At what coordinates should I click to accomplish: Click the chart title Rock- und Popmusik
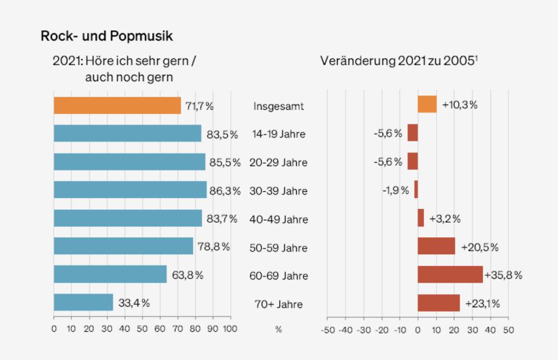pos(107,37)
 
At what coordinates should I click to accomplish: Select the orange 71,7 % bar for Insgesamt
pos(117,105)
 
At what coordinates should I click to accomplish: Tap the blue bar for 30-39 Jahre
pos(130,190)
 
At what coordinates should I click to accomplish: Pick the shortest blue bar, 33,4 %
pos(83,302)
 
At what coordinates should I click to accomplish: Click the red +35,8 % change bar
pos(450,274)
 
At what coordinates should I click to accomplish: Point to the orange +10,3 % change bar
pos(427,104)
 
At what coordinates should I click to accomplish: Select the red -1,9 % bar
pos(416,189)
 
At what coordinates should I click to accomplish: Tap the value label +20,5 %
pos(480,247)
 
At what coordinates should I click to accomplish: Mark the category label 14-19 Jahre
pos(278,134)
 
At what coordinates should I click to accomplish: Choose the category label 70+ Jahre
pos(278,304)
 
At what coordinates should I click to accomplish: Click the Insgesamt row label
pos(278,106)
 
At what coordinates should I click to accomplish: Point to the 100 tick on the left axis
pos(230,329)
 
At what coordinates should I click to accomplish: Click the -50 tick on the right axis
pos(327,330)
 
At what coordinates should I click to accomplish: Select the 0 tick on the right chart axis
pos(418,330)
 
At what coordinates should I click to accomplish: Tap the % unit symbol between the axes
pos(278,329)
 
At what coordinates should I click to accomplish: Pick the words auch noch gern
pos(129,77)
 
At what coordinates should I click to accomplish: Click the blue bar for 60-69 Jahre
pos(110,274)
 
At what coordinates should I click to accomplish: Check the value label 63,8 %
pos(187,275)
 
